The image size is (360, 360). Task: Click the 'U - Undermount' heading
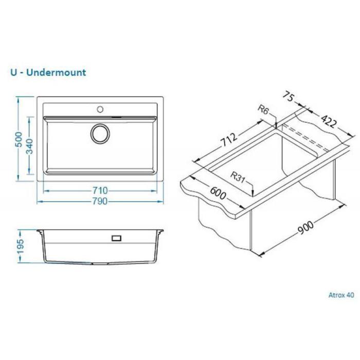coord(48,73)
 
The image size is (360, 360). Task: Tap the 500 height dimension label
coord(19,139)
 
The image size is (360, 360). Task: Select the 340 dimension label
coord(30,146)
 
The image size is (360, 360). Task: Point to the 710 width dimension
coord(100,191)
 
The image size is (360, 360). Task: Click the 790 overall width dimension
coord(100,202)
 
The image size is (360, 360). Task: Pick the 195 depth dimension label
coord(20,246)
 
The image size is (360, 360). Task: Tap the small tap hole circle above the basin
coord(100,109)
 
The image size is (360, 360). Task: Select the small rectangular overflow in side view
coord(116,238)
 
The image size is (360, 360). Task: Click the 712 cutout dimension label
coord(229,139)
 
